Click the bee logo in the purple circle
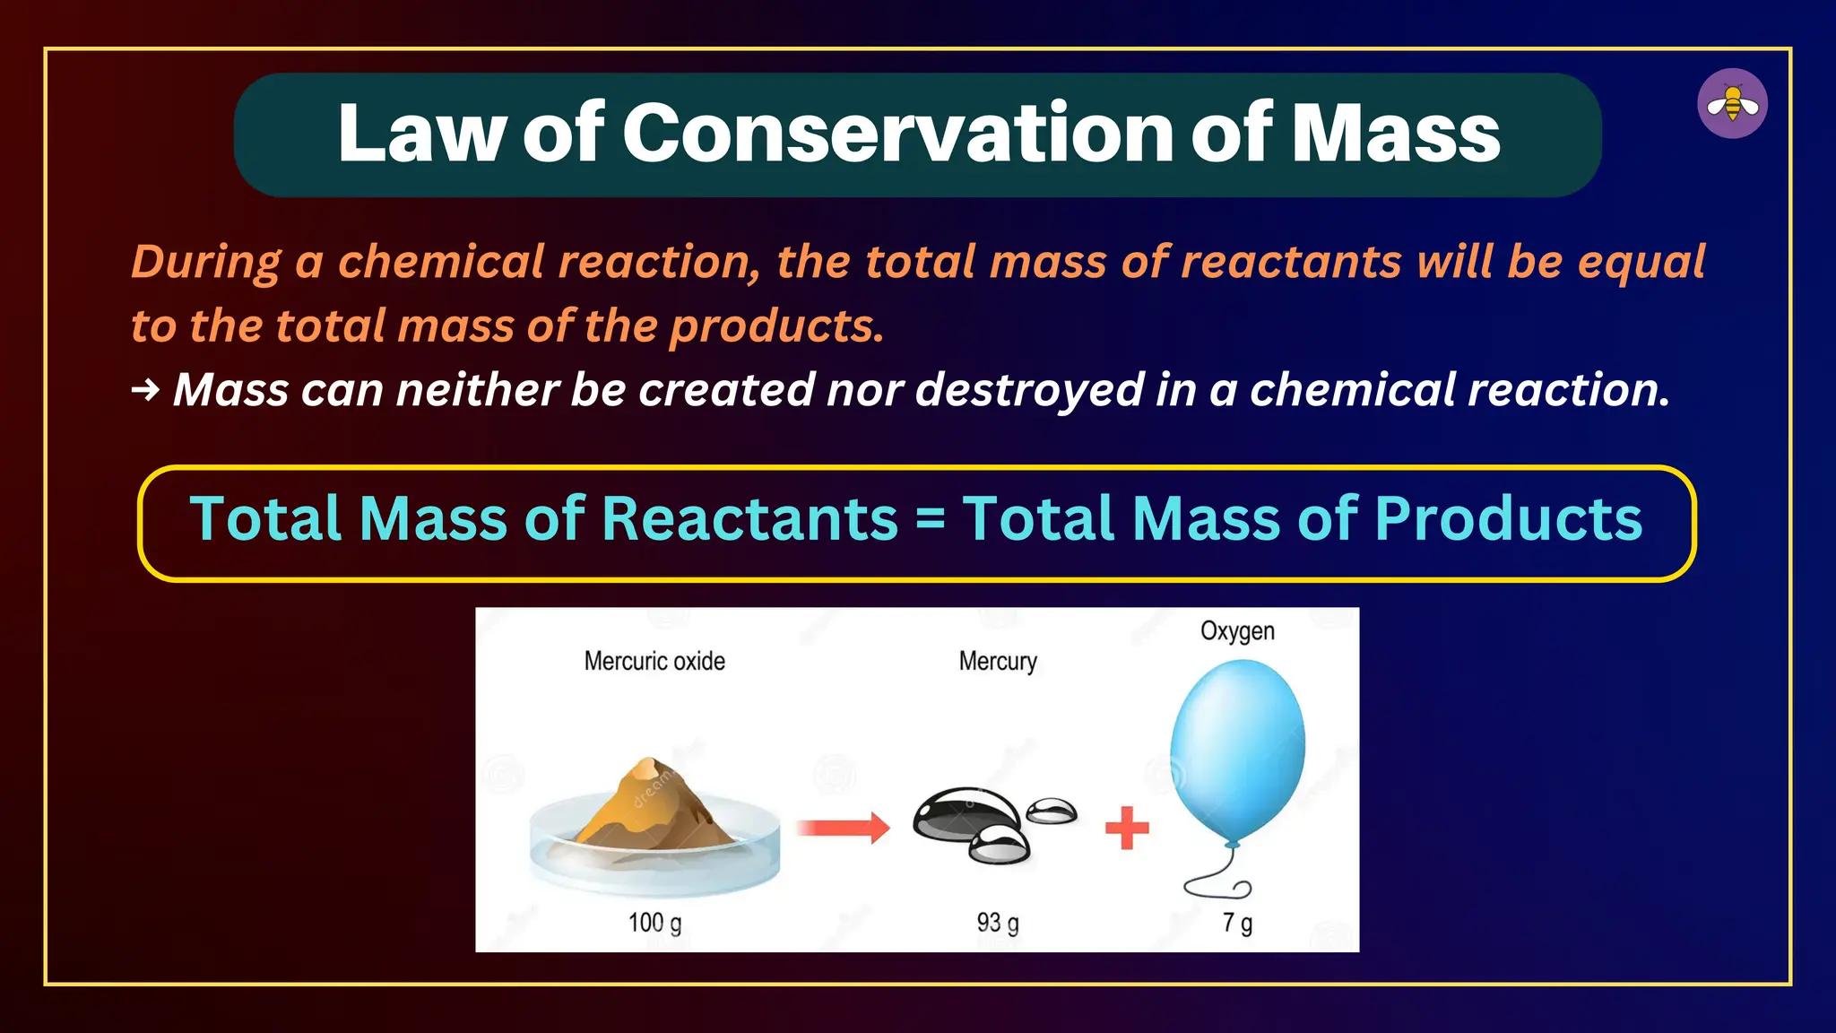point(1732,104)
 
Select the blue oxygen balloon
point(1238,749)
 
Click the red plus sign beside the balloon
point(1127,827)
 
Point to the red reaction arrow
point(843,827)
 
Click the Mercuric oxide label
point(654,662)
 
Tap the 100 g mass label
point(654,923)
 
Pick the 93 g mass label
point(998,923)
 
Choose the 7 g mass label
point(1237,923)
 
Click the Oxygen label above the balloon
point(1237,631)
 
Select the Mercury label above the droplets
point(998,662)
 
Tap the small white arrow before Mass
point(145,390)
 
